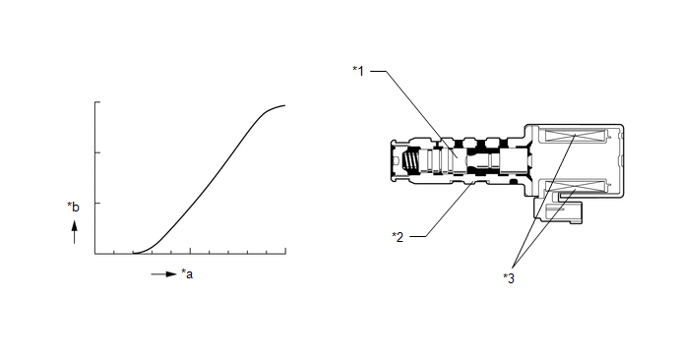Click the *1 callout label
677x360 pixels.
(x=358, y=71)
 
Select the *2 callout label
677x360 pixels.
(x=398, y=236)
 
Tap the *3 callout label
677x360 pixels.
(x=509, y=278)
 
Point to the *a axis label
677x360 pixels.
(x=187, y=273)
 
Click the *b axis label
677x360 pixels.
(x=74, y=207)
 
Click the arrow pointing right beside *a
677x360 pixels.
(x=164, y=274)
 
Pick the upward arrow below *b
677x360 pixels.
(x=74, y=232)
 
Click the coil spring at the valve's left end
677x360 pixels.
(x=409, y=162)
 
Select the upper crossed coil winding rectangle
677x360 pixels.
(x=576, y=136)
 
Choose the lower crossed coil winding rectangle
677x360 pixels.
(x=576, y=187)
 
